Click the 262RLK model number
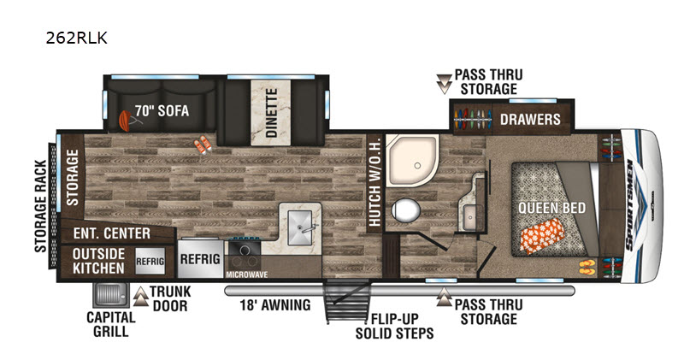point(76,38)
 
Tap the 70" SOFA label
point(162,111)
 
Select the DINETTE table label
point(271,113)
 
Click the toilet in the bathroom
point(405,210)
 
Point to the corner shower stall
point(412,160)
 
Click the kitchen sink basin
point(300,227)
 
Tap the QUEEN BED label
point(551,208)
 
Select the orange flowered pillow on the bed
point(542,236)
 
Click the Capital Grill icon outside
point(111,295)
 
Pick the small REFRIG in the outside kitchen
point(150,261)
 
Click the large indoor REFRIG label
point(200,259)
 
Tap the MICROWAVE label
point(246,274)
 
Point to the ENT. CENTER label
point(112,233)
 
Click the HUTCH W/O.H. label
point(374,182)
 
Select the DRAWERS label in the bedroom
point(530,119)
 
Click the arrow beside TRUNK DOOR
point(140,296)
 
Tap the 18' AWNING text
point(275,304)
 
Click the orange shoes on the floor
point(203,145)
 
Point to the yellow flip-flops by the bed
point(587,267)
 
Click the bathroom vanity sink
point(470,216)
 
